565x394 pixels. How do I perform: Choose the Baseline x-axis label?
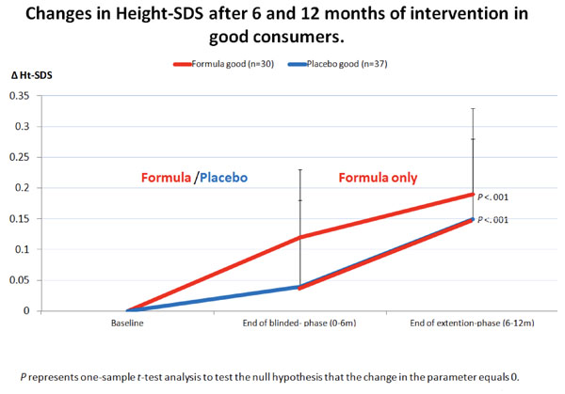click(127, 323)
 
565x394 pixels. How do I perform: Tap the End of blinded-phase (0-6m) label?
click(300, 323)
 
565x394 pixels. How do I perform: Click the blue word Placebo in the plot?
click(231, 177)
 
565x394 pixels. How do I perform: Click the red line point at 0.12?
click(300, 237)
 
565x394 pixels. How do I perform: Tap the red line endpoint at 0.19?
click(473, 195)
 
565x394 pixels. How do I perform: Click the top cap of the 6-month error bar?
click(300, 169)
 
